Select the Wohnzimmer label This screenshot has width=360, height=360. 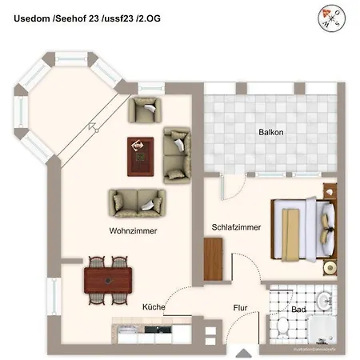pos(133,230)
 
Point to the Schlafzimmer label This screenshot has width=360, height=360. pos(236,227)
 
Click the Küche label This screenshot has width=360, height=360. pos(154,306)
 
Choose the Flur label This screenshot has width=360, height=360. pos(240,306)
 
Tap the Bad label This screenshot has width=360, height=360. pos(299,308)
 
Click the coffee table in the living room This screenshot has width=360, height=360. pos(141,154)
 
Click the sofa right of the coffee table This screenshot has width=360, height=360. pos(178,154)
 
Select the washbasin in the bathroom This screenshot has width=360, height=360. pos(324,302)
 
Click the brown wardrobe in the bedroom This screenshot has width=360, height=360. pos(212,260)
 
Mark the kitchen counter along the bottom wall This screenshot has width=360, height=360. pos(152,329)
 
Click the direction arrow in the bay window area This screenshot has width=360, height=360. pos(94,126)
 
